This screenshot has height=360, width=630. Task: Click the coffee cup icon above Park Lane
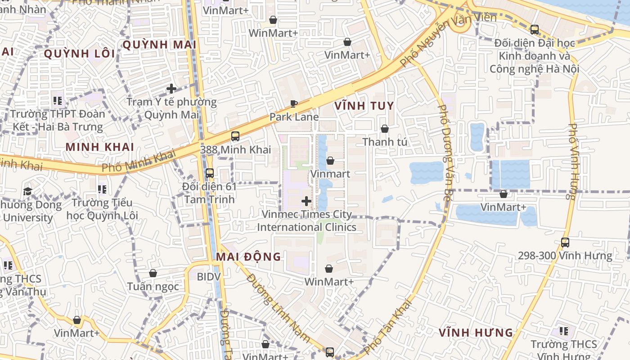(294, 104)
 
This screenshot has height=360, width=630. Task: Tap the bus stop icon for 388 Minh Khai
(235, 136)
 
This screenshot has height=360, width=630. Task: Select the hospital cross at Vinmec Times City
(306, 201)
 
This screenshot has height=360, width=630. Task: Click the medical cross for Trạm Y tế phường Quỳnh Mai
(171, 89)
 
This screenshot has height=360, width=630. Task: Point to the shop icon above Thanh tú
(384, 129)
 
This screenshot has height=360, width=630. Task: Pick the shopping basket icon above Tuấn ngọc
(153, 273)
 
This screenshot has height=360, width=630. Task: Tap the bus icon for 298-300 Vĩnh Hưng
(565, 243)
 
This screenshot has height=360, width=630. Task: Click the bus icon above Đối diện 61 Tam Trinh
(209, 173)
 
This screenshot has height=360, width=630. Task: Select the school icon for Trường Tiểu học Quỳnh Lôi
(102, 189)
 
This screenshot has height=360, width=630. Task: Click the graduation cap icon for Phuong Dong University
(27, 192)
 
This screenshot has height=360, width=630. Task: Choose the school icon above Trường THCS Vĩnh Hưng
(563, 332)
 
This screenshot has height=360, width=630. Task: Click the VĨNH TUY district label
(364, 107)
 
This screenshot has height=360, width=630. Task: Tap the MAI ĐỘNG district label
(248, 257)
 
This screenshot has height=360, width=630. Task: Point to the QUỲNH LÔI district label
(79, 54)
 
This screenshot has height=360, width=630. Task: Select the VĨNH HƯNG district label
(476, 333)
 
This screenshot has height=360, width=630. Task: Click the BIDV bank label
(209, 276)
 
